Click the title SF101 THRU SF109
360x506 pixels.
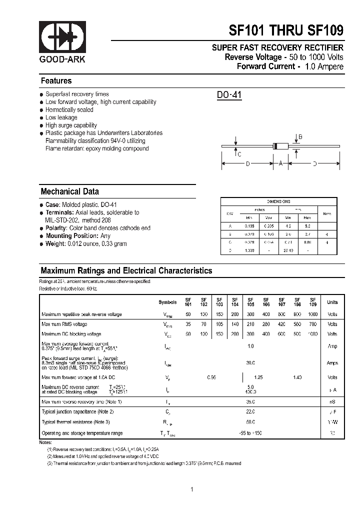point(286,30)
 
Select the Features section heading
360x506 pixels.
point(56,81)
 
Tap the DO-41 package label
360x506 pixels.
point(229,95)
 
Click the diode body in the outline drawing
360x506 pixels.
point(281,146)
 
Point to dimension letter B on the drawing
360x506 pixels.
point(300,137)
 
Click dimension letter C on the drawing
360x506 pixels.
point(239,154)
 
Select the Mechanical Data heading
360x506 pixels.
point(69,191)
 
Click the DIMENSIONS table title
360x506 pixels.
point(278,201)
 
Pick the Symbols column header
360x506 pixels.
point(167,302)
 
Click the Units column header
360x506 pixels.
point(332,302)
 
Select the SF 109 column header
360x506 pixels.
point(313,302)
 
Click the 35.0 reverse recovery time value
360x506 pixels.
point(250,401)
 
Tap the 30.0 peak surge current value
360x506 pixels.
point(250,363)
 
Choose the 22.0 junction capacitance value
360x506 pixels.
point(250,411)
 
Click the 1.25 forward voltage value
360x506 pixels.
point(259,377)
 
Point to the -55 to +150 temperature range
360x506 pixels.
point(250,433)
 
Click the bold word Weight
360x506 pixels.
point(55,244)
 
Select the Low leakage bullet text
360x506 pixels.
point(61,117)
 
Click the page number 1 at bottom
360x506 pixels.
point(191,489)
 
